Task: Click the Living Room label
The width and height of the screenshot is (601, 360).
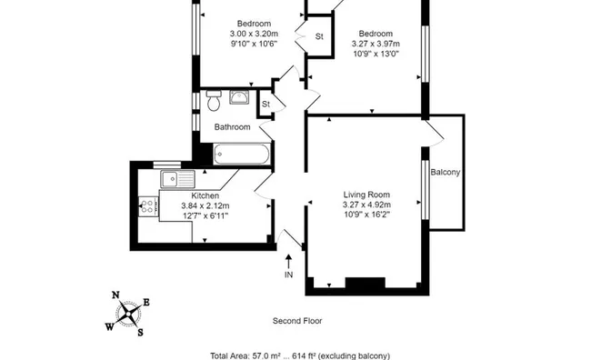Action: point(366,195)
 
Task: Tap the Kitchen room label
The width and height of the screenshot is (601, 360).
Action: point(205,195)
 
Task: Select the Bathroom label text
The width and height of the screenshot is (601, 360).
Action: point(232,127)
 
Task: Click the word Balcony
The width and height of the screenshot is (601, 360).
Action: point(445,173)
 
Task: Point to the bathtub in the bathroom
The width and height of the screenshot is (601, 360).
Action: point(241,155)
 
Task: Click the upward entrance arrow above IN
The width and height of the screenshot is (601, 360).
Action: point(289,261)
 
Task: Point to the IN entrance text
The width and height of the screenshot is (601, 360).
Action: point(289,275)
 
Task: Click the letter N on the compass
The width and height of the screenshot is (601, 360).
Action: point(115,295)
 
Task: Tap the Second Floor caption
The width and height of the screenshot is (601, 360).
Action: point(297,321)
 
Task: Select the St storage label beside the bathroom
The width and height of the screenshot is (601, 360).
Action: point(266,105)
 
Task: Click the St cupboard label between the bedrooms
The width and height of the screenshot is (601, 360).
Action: point(319,37)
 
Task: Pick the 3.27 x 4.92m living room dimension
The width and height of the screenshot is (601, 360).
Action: point(366,205)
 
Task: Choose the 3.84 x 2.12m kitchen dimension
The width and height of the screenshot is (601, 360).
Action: point(205,205)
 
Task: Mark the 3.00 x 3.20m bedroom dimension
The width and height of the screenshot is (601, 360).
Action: point(254,34)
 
